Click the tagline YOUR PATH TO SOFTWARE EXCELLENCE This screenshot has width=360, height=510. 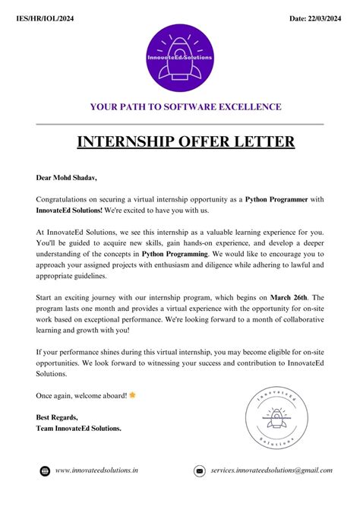point(185,106)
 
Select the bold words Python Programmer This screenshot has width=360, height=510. point(276,199)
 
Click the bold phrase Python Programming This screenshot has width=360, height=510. point(175,253)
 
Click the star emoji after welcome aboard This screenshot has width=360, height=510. point(133,394)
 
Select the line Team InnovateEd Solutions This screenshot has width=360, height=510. point(78,428)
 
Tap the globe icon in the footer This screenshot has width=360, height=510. point(45,471)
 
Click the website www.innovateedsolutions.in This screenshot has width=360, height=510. point(96,471)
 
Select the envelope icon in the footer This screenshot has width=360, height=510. point(200,471)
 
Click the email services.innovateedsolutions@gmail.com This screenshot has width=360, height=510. point(271,471)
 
